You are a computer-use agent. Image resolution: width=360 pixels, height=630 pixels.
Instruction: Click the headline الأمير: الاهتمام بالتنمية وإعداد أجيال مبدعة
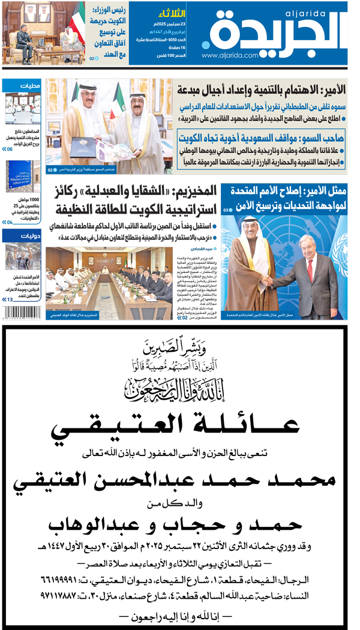coord(262,90)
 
